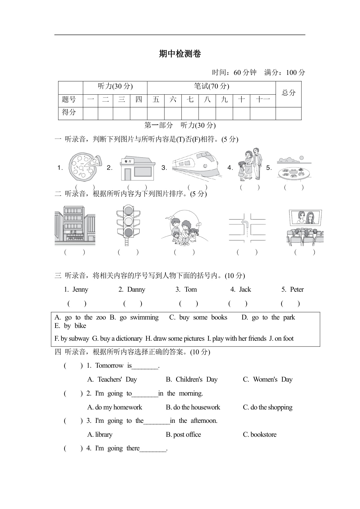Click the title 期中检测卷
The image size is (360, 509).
point(180,54)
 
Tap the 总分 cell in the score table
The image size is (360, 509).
point(288,93)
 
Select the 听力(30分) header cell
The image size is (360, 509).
point(115,86)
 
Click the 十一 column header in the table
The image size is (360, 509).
point(263,100)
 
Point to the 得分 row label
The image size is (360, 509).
point(69,112)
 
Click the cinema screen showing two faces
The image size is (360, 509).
point(305,217)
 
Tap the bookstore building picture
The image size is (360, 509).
point(75,225)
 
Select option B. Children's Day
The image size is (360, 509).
point(191,380)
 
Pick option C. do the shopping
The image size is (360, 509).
point(267,407)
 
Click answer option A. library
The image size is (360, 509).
point(100,435)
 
